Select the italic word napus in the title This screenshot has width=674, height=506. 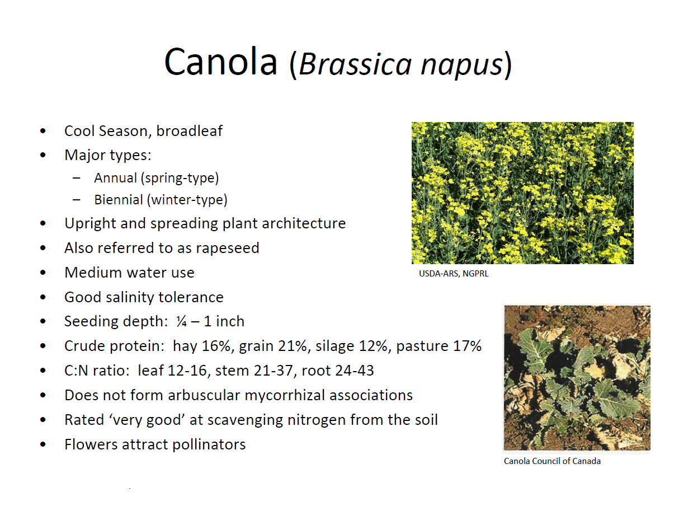[x=461, y=65]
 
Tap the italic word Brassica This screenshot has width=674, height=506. [x=355, y=63]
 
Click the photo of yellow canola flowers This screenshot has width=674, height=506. [x=522, y=193]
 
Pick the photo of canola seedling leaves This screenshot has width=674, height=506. [x=577, y=378]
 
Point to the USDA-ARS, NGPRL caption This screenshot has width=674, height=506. [x=454, y=274]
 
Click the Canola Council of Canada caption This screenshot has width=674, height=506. [x=552, y=461]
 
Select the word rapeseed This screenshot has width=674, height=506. [x=228, y=248]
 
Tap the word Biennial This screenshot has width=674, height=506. [x=119, y=200]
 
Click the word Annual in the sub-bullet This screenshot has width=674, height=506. [x=115, y=178]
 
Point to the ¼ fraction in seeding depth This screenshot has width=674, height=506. [x=181, y=321]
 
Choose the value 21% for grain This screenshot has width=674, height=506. [x=293, y=346]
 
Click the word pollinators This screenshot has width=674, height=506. [x=209, y=444]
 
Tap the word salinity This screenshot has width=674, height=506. [x=130, y=297]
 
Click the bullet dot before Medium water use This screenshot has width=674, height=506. [x=43, y=273]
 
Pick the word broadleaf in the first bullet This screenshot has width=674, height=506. [x=189, y=131]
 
